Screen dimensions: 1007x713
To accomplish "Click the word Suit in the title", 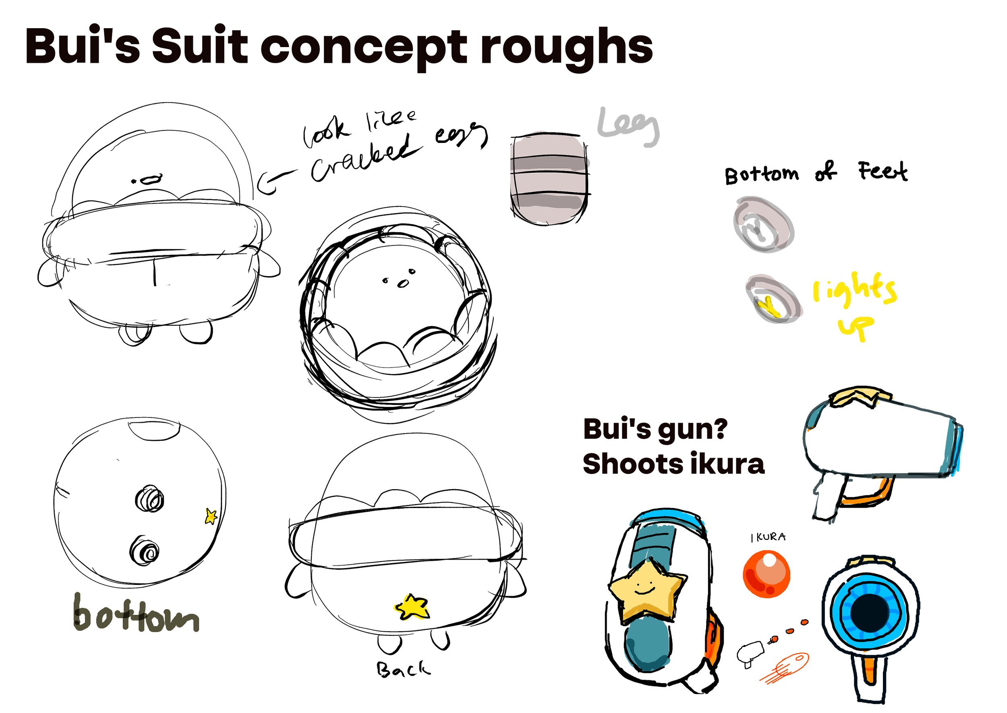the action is point(200,46).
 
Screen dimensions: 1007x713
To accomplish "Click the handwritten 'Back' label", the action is point(403,669).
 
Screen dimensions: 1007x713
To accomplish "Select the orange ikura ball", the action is point(767,574).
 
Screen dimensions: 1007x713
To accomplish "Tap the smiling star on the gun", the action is point(646,591).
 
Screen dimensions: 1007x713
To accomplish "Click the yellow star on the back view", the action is point(412,607).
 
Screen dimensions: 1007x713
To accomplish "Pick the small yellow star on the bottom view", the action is point(211,516).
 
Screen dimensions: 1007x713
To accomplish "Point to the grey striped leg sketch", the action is point(549,178).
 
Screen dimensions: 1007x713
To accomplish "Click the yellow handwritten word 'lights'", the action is point(854,290).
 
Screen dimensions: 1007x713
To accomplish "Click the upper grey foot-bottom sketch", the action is point(763,225).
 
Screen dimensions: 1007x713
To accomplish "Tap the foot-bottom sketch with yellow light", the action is point(773,300).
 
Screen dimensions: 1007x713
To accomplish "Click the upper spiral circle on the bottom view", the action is point(149,499).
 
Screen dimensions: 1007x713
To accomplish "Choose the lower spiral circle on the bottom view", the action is point(145,550).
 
